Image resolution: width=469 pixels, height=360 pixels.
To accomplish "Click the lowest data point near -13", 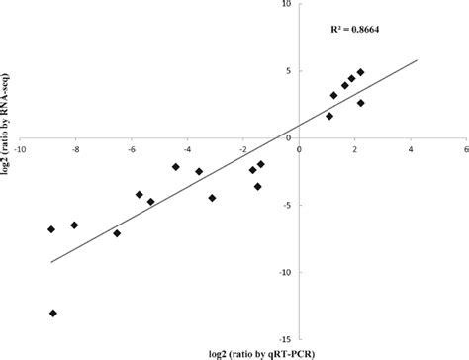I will coord(52,314).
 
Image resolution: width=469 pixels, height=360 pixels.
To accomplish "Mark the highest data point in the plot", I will coord(360,72).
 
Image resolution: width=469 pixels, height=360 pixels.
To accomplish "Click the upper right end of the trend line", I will coord(419,60).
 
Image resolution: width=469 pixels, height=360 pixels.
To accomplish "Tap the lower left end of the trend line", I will coord(51,262).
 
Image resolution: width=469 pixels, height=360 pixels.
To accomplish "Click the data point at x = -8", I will coord(74,225).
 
